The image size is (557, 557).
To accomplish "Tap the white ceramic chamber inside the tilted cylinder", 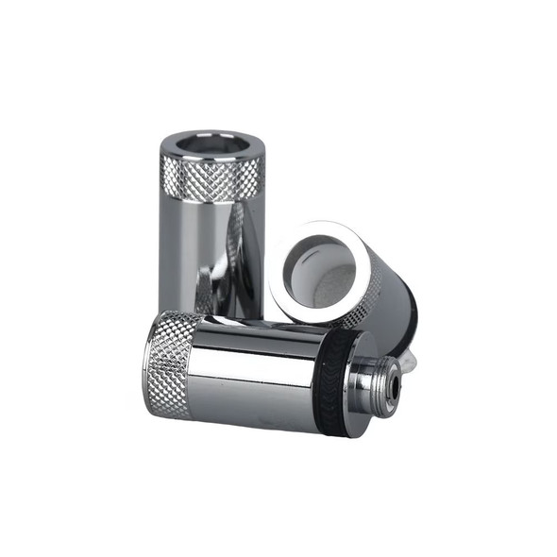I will point(321,264).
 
